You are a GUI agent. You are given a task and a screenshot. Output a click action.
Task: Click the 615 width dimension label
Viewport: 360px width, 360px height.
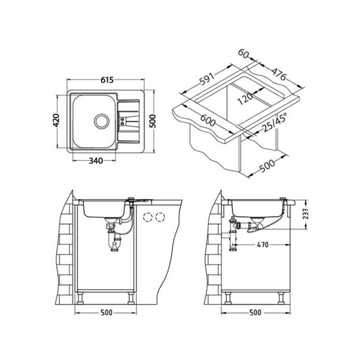[107, 80]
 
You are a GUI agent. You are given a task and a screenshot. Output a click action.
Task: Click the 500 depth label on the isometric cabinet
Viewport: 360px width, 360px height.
[270, 161]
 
